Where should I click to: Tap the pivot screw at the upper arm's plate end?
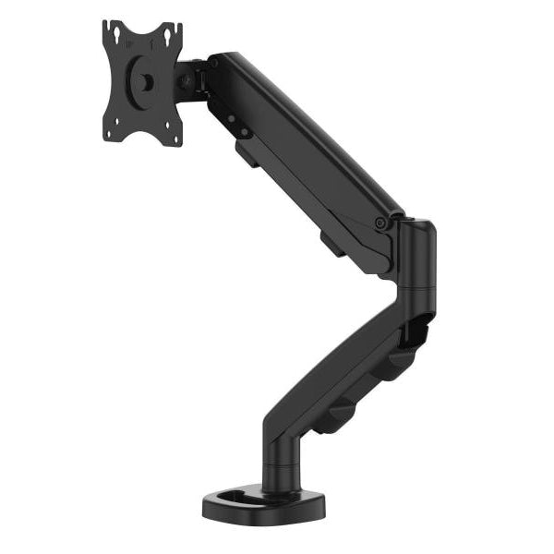coord(214,64)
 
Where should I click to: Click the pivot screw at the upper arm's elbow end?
coord(379,222)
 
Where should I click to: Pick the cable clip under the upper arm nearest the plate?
coord(247,151)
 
